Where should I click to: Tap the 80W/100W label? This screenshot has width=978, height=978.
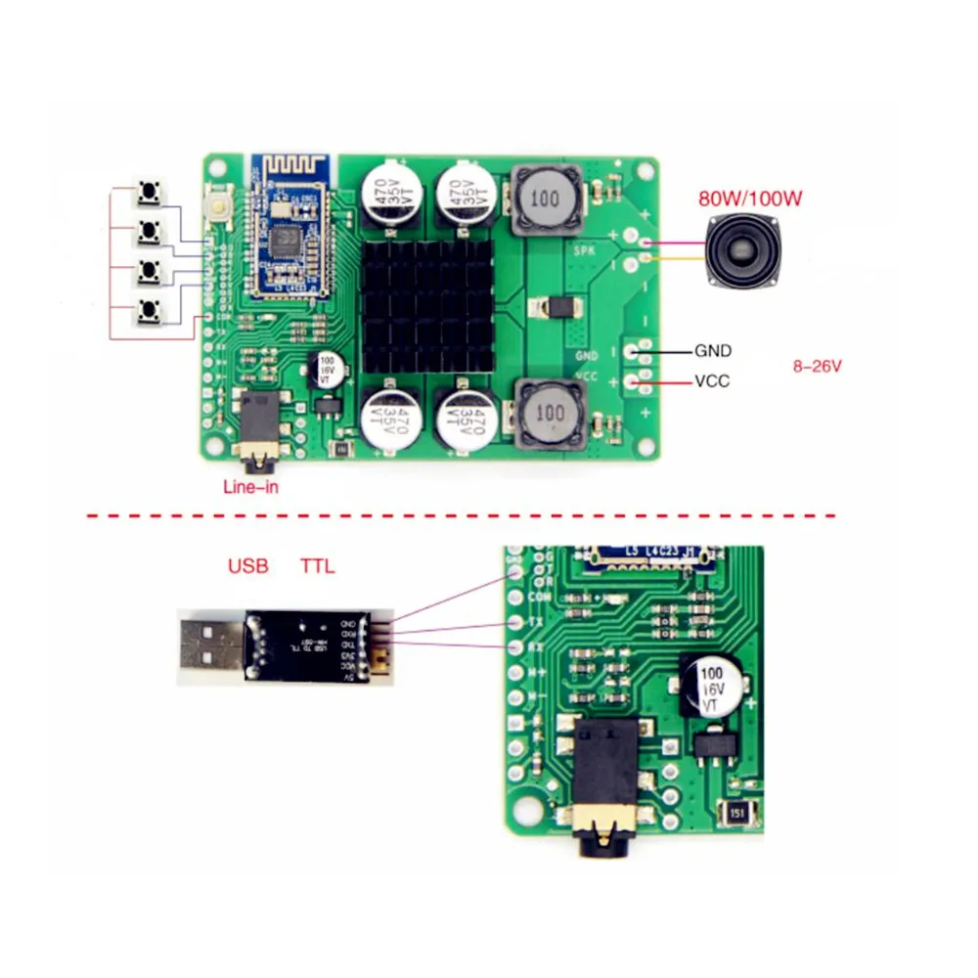click(750, 199)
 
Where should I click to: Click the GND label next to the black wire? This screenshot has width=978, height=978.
click(712, 350)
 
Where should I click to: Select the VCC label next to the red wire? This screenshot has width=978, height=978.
click(712, 380)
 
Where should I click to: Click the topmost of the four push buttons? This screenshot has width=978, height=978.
click(149, 193)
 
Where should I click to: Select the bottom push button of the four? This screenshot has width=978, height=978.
click(149, 311)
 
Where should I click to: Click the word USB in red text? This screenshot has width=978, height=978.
click(247, 565)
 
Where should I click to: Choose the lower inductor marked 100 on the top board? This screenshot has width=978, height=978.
click(549, 415)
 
